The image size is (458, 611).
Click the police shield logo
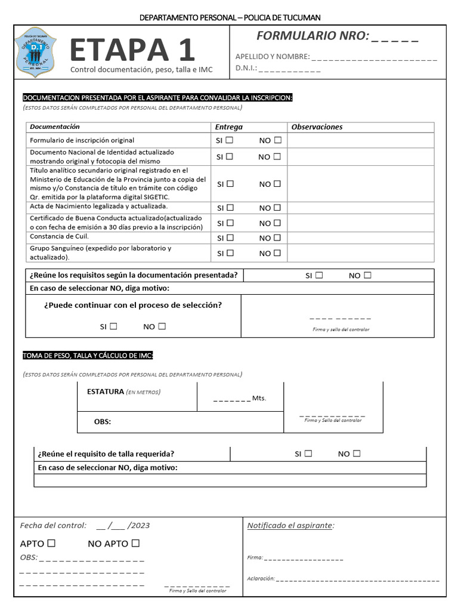(35, 51)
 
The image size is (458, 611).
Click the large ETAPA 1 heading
(132, 50)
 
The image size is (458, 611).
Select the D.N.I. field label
(246, 69)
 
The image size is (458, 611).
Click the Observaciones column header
(317, 127)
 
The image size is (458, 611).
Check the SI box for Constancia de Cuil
(230, 237)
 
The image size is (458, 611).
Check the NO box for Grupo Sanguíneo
(277, 253)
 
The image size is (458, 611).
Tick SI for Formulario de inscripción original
(230, 140)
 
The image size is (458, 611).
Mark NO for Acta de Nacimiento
(277, 208)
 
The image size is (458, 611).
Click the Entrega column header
(228, 127)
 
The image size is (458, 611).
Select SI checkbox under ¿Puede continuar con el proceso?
(113, 326)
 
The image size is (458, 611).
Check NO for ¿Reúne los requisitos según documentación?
(367, 275)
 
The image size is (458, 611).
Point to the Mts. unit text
(259, 398)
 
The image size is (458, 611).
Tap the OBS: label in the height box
(103, 422)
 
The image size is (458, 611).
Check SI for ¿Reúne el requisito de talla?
(308, 453)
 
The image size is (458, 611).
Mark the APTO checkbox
(51, 543)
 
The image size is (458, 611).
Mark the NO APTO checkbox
(135, 543)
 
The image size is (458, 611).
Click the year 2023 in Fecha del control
(140, 526)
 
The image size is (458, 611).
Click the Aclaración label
(261, 578)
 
